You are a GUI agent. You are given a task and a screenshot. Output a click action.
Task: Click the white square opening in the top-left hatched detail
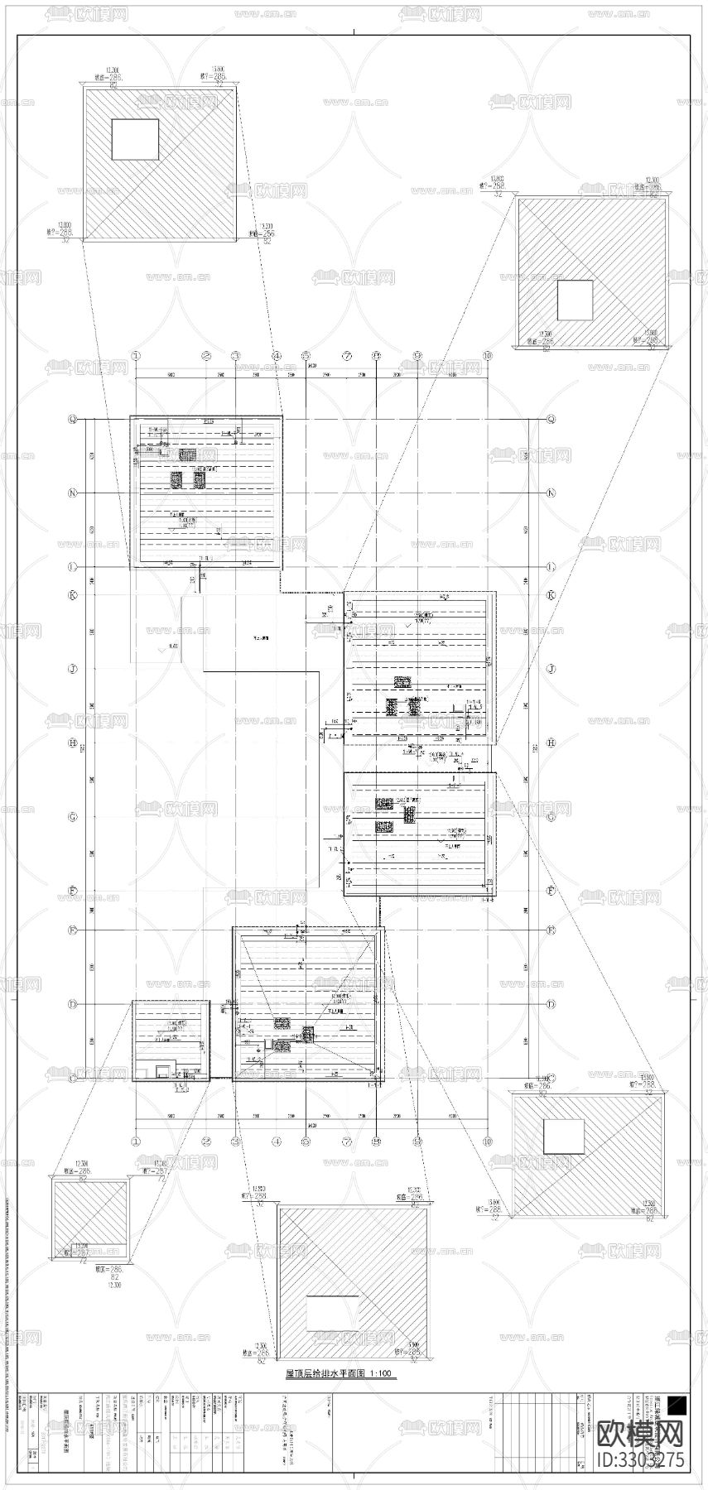(135, 139)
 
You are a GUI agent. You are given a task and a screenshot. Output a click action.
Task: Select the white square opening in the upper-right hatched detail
(574, 300)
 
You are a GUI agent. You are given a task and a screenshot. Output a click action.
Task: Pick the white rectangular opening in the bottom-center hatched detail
(332, 1314)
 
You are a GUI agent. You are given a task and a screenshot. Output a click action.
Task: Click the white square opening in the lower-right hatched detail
(563, 1137)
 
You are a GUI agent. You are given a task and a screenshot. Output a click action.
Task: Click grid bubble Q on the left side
(73, 420)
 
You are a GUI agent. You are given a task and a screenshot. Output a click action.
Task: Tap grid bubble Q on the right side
(551, 420)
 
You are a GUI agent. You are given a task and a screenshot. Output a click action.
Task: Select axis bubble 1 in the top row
(137, 355)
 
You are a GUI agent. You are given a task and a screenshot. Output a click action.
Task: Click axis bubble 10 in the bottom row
(488, 1142)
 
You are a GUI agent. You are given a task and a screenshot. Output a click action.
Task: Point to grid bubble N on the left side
(73, 493)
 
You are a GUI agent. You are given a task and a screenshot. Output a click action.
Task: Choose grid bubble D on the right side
(551, 1004)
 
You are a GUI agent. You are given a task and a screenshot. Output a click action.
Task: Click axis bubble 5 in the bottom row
(306, 1142)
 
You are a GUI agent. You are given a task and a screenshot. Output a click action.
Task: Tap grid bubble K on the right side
(551, 595)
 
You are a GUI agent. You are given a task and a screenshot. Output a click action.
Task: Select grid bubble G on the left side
(73, 817)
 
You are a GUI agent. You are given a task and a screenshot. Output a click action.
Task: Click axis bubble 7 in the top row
(348, 355)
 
